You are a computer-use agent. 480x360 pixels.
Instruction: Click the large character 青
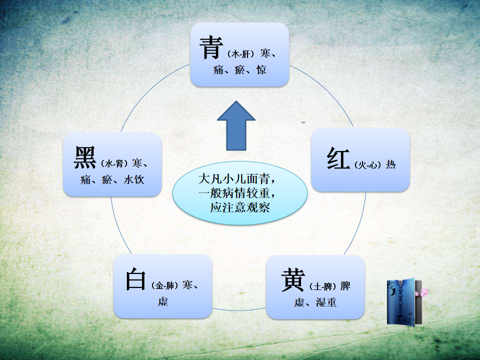point(211,47)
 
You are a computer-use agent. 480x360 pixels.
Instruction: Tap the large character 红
point(338,158)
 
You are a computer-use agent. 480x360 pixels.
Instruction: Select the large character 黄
point(293,279)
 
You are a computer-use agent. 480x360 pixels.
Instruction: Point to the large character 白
point(135,278)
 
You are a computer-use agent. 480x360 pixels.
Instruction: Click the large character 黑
point(85,157)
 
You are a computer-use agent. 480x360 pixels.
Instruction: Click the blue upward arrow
point(236,126)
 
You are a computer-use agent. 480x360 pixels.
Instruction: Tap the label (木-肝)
point(240,54)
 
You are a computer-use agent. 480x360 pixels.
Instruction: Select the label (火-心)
point(367,165)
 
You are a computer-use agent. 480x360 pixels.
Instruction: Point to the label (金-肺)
point(164,285)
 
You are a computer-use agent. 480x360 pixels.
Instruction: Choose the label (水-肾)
point(114,163)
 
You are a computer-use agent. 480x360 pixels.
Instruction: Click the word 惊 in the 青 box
point(261,70)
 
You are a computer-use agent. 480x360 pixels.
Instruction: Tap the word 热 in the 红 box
point(390,164)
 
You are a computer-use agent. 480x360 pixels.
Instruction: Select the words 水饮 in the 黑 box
point(134,179)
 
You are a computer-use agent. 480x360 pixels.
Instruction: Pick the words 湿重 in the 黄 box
point(326,302)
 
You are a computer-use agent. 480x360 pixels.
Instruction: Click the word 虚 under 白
point(163,301)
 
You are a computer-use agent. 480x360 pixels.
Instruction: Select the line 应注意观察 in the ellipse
point(240,207)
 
